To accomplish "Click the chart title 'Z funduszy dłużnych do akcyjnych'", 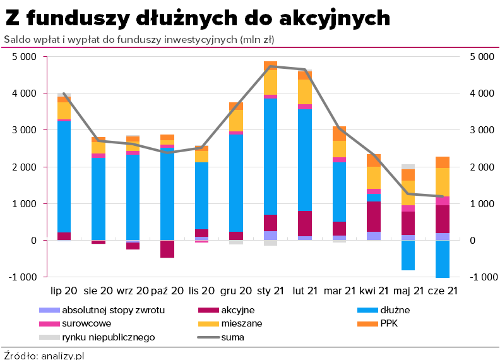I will pos(198,18).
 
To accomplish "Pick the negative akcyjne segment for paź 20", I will pos(167,249).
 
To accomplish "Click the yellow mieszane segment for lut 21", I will pos(305,92).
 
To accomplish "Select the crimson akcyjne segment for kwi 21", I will pos(374,217).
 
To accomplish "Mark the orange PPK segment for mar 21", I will pos(340,133).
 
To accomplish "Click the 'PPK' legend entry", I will pos(389,323).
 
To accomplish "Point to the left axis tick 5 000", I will pos(24,56).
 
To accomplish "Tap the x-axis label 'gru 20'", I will pos(235,291).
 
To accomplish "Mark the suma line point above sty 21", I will pos(270,66).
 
